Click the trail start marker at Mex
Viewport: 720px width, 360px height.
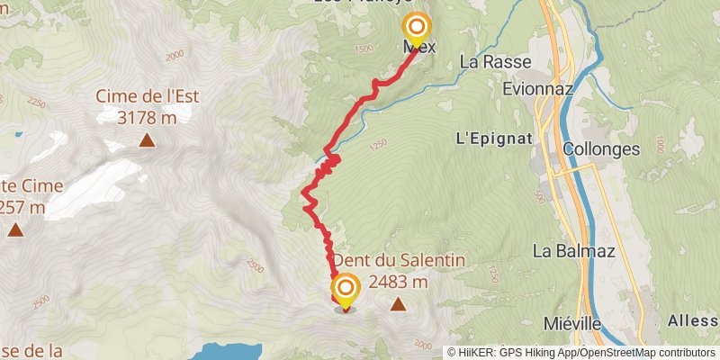pyautogui.click(x=416, y=28)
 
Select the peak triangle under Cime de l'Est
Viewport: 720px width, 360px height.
pyautogui.click(x=146, y=139)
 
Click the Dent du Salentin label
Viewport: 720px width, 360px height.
pyautogui.click(x=400, y=260)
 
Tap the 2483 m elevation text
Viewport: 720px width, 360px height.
pyautogui.click(x=398, y=282)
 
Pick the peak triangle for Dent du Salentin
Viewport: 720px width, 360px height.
pyautogui.click(x=398, y=305)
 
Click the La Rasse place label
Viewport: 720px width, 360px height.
pyautogui.click(x=495, y=62)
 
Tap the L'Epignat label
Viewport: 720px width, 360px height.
pyautogui.click(x=495, y=139)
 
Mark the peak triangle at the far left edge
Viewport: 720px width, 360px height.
pyautogui.click(x=15, y=230)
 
